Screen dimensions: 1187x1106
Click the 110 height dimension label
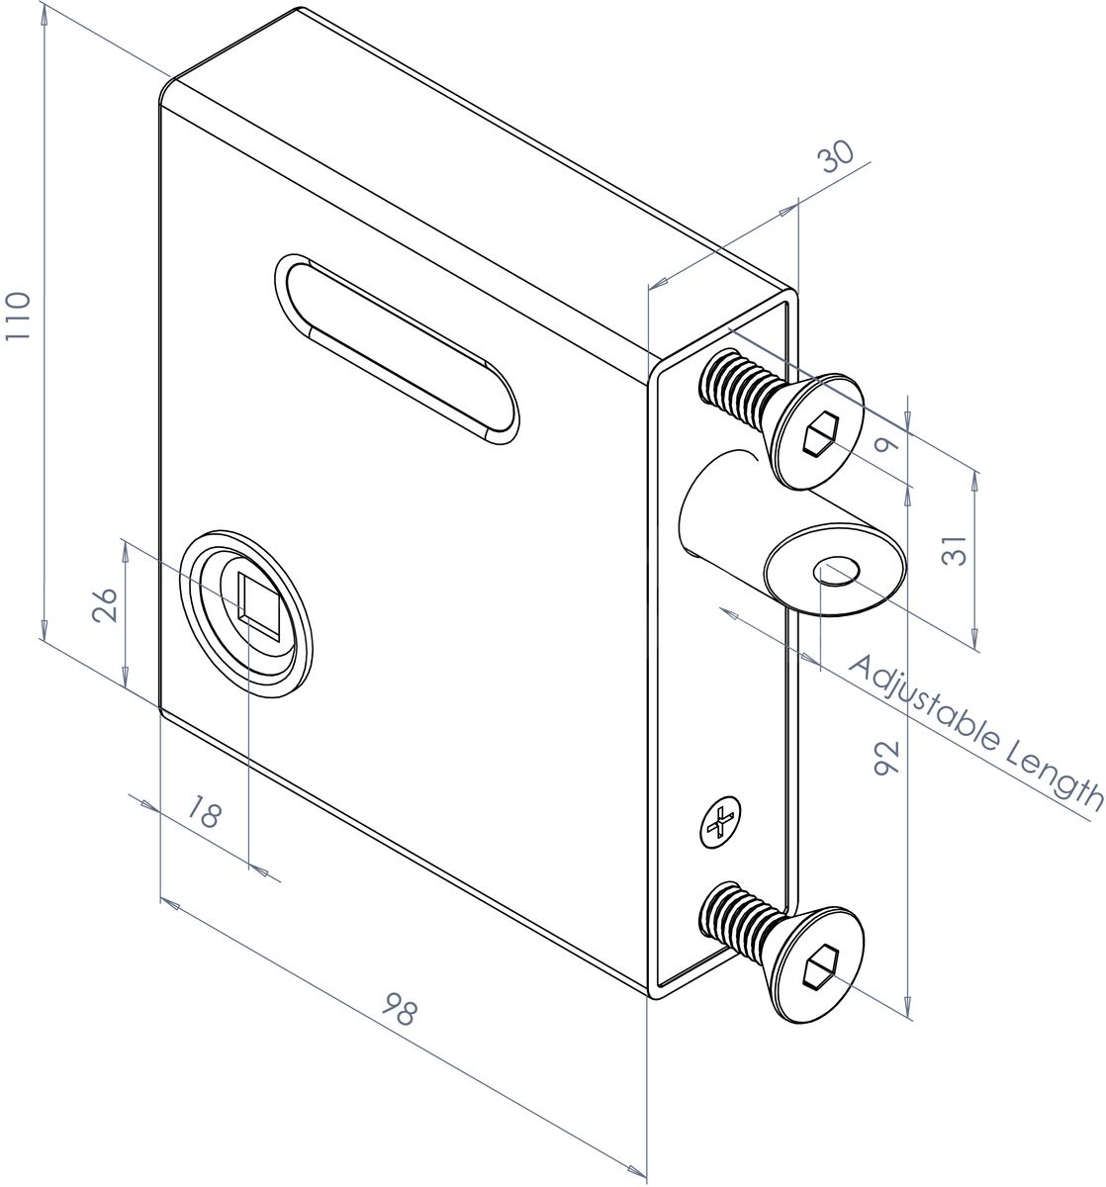pyautogui.click(x=20, y=316)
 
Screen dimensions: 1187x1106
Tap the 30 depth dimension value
pyautogui.click(x=836, y=159)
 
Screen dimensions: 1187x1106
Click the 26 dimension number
pyautogui.click(x=108, y=603)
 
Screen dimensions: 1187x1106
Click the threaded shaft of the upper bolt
pyautogui.click(x=737, y=391)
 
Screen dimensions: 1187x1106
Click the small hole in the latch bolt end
pyautogui.click(x=836, y=571)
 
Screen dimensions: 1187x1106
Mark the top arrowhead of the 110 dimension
pyautogui.click(x=45, y=12)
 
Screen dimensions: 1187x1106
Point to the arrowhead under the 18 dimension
pyautogui.click(x=259, y=869)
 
